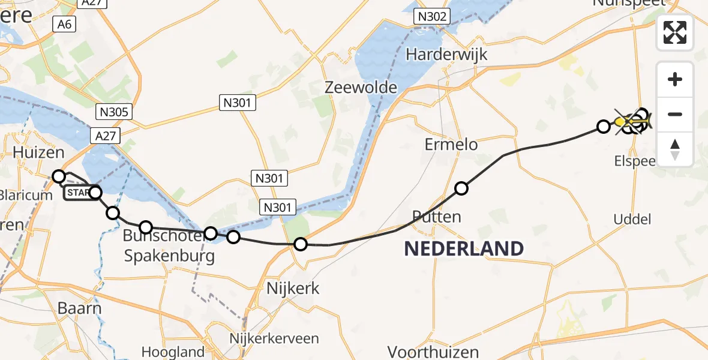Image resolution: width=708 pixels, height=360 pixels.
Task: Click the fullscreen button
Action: pyautogui.click(x=675, y=32)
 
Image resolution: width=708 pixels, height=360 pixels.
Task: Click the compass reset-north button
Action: pyautogui.click(x=675, y=149)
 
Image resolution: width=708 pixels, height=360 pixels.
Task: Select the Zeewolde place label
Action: pyautogui.click(x=361, y=88)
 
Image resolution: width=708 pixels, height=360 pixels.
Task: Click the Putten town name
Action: pyautogui.click(x=437, y=217)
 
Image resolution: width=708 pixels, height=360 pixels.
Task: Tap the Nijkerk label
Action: pyautogui.click(x=293, y=289)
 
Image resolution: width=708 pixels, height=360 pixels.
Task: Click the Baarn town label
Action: pyautogui.click(x=79, y=308)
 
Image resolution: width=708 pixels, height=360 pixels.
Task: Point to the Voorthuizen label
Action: pyautogui.click(x=433, y=352)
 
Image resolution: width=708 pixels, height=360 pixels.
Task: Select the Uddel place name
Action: pyautogui.click(x=632, y=220)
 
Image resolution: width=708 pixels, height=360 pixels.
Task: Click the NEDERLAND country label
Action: pyautogui.click(x=463, y=248)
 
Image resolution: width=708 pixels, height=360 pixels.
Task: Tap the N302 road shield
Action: pyautogui.click(x=432, y=17)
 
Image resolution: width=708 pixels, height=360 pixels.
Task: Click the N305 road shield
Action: pyautogui.click(x=113, y=112)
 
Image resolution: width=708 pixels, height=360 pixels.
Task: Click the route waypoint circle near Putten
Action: pyautogui.click(x=461, y=188)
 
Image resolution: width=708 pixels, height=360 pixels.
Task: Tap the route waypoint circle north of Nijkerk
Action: pyautogui.click(x=301, y=244)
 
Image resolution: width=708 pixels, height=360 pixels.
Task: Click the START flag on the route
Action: pyautogui.click(x=77, y=193)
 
